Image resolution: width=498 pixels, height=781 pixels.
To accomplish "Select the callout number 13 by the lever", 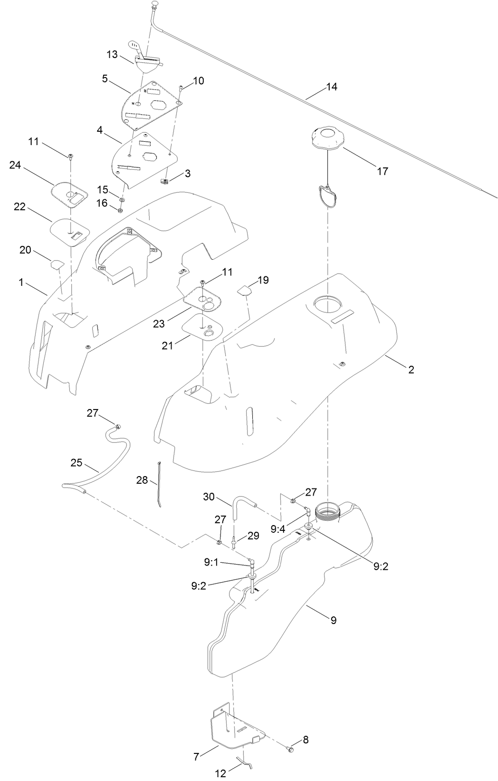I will click(112, 55).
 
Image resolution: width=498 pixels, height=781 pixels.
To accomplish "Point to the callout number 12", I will click(220, 773).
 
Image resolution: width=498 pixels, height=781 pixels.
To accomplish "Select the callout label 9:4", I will click(278, 528).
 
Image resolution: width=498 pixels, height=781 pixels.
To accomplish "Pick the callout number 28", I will click(142, 480).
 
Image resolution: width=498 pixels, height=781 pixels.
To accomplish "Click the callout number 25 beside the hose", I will click(77, 463).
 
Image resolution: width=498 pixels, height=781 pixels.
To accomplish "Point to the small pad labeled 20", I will click(57, 264).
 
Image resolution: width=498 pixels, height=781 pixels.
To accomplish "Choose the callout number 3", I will click(188, 174).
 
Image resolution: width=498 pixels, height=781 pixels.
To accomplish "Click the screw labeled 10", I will click(181, 88).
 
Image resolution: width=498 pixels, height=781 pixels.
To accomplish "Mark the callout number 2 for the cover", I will click(411, 370).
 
